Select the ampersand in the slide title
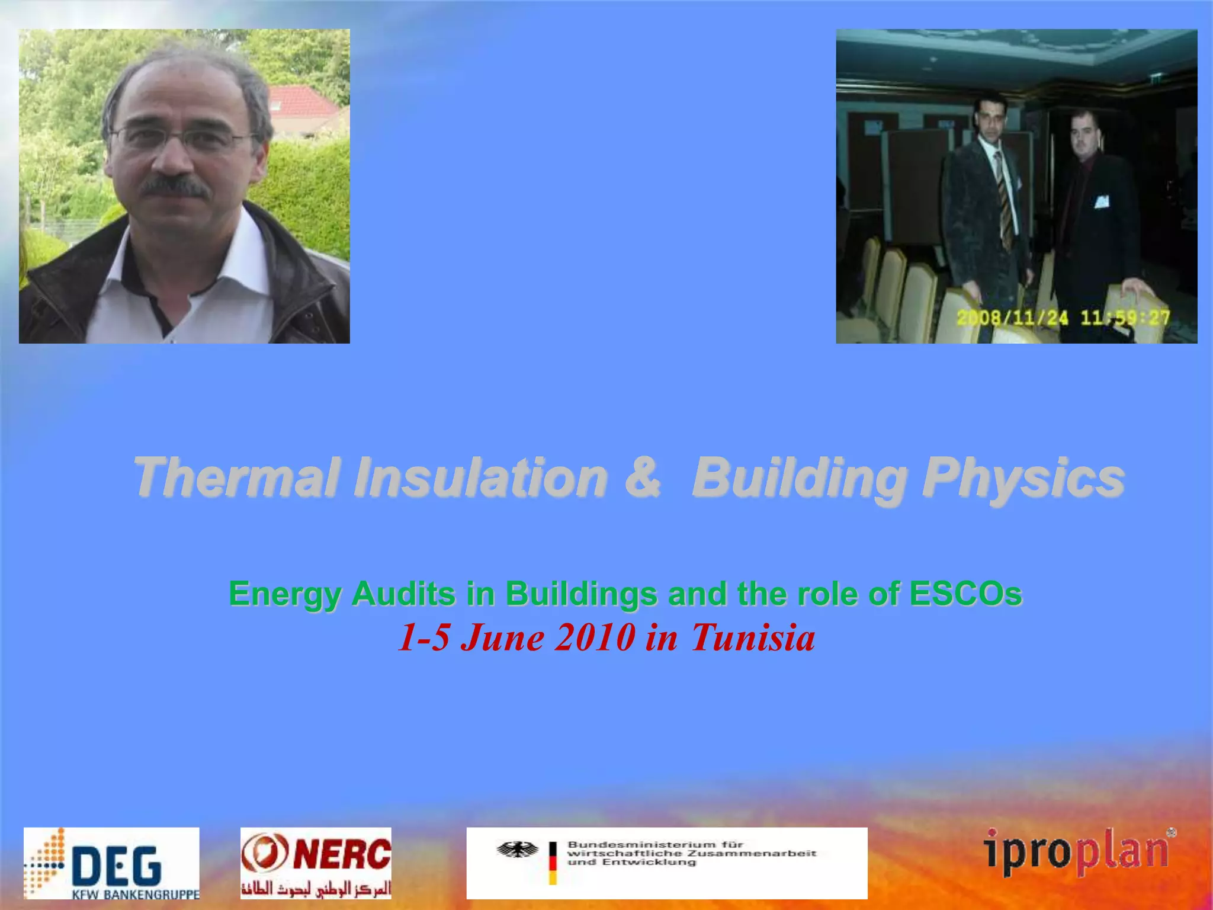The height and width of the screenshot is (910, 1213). pyautogui.click(x=642, y=478)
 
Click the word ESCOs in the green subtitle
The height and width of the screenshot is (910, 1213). pyautogui.click(x=965, y=594)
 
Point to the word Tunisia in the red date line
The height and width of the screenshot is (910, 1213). pyautogui.click(x=753, y=638)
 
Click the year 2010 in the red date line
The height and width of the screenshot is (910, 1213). pyautogui.click(x=595, y=638)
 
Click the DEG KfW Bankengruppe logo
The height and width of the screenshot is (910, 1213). pyautogui.click(x=111, y=863)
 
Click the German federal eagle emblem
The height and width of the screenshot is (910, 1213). pyautogui.click(x=518, y=850)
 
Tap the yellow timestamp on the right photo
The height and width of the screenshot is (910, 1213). pyautogui.click(x=1063, y=318)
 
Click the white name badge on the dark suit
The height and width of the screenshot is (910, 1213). pyautogui.click(x=1101, y=201)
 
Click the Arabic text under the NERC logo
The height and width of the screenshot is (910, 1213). pyautogui.click(x=316, y=888)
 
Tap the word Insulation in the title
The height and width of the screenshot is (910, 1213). pyautogui.click(x=480, y=478)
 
